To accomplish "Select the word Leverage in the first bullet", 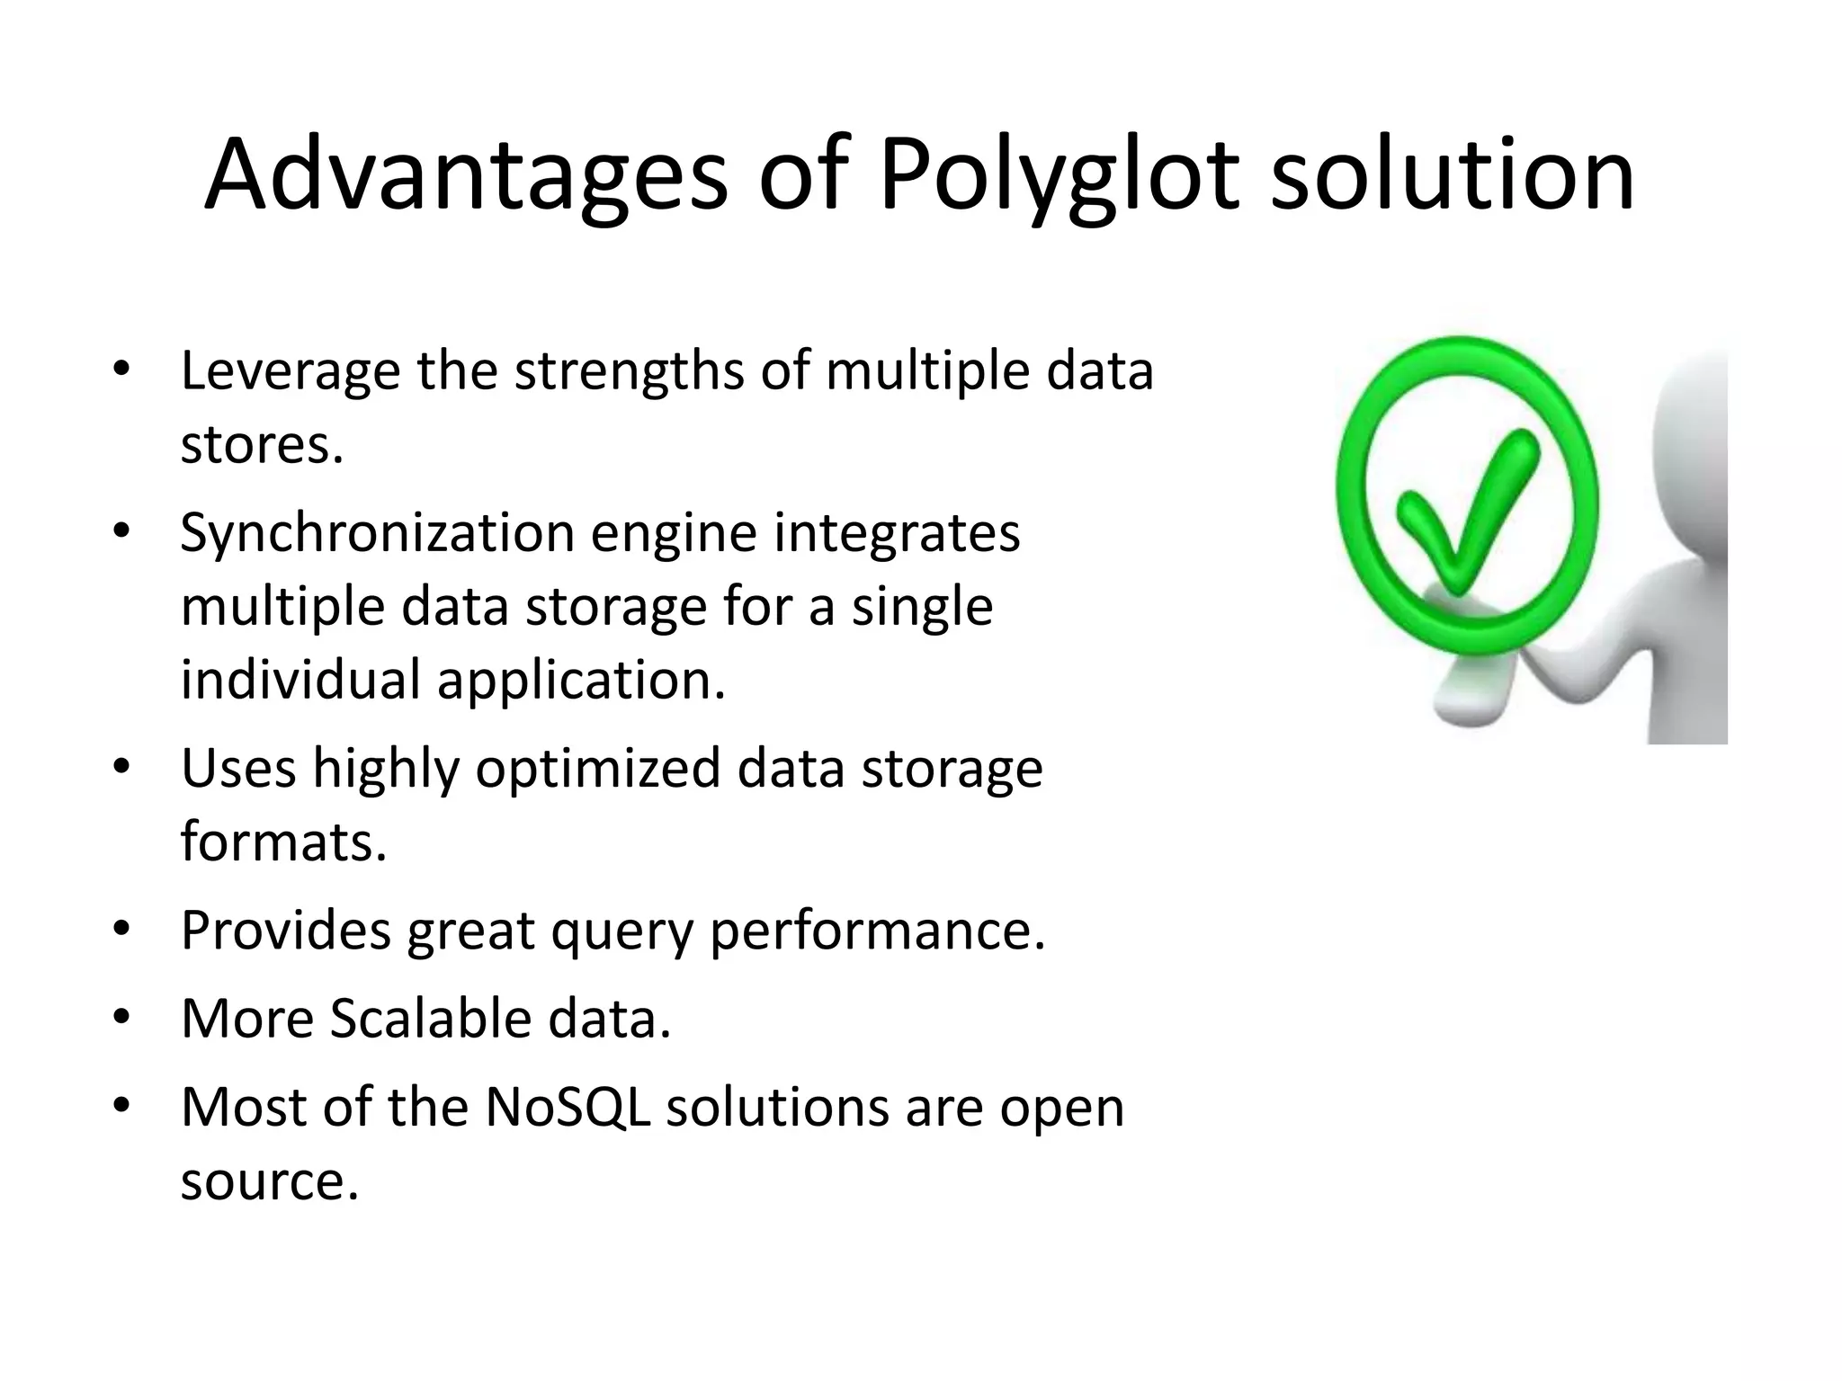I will pos(290,372).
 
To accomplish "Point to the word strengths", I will pos(629,372).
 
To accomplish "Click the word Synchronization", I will pos(377,532).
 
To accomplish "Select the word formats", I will pos(283,842).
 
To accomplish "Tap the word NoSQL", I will pos(568,1107).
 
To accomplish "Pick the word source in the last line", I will pos(269,1181).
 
